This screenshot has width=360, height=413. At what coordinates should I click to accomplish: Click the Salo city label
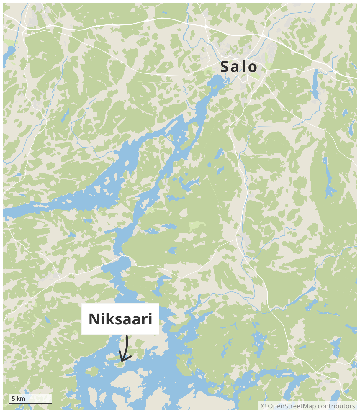coord(239,67)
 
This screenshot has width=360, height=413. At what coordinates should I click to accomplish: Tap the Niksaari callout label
coord(120,319)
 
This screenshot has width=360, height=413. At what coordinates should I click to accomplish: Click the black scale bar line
coord(30,403)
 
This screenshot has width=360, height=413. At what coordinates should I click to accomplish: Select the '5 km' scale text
coord(18,399)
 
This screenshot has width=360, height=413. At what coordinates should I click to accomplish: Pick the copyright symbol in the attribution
coord(264,406)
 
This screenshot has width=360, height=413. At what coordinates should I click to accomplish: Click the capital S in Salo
coord(225,67)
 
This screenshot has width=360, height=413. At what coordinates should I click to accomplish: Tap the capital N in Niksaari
coord(95,319)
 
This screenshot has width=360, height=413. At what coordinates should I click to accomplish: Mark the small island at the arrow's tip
coord(120,365)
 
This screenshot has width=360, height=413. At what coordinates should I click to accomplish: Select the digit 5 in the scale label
coord(13,399)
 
